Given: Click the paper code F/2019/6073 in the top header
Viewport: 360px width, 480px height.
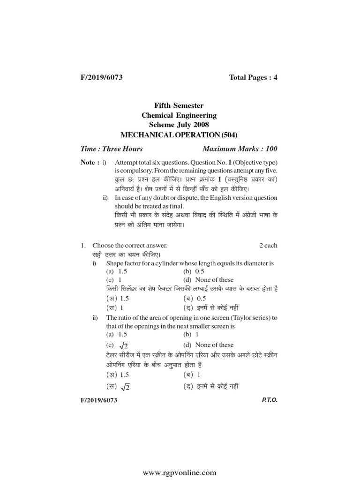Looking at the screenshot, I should (102, 77).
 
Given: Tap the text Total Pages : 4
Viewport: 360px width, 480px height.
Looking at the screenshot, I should (253, 77).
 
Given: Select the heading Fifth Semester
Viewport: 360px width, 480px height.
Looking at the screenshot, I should (180, 106).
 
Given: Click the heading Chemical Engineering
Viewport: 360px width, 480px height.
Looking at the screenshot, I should (180, 115).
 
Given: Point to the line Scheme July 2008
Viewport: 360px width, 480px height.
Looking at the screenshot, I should (180, 125).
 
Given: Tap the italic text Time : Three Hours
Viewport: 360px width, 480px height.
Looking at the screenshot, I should (112, 149).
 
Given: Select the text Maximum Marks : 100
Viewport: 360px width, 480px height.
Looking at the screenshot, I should (240, 149).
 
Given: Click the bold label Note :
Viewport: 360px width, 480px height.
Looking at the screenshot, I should (90, 162).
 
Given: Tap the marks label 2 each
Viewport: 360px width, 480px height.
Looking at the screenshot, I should (268, 245).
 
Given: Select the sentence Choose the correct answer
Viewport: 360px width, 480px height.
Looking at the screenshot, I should (130, 245).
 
